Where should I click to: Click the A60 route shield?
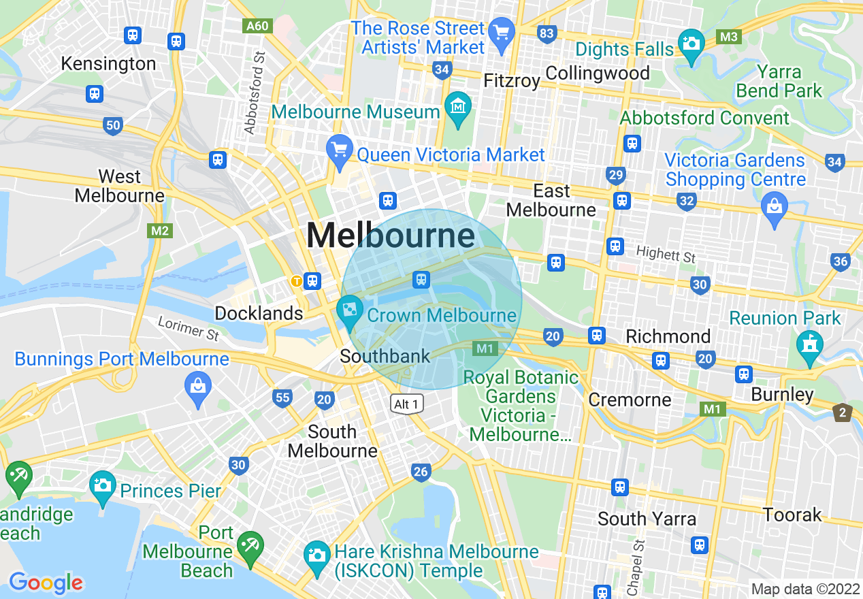[x=257, y=26]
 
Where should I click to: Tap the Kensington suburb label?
[x=108, y=64]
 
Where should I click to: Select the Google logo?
[x=46, y=583]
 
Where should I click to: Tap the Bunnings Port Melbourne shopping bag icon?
[x=198, y=386]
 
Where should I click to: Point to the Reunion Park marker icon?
[x=809, y=343]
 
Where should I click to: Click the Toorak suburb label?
[x=792, y=515]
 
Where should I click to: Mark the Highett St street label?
[x=666, y=255]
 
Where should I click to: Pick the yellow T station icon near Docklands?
[x=296, y=280]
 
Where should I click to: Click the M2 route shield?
[x=160, y=231]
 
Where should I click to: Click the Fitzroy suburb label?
[x=511, y=81]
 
